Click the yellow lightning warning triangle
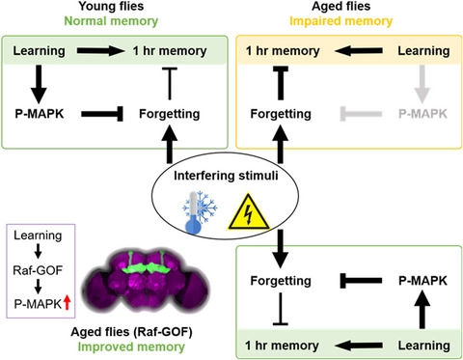coord(248,213)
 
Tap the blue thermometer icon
coord(193,213)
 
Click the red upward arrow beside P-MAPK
coord(67,303)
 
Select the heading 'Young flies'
coord(111,6)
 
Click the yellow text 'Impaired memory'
coord(341,21)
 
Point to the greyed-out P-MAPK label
coord(422,114)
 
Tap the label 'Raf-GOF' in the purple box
coord(38,270)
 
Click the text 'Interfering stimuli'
coord(226,176)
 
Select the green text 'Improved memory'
coord(131,346)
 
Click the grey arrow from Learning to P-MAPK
coord(422,84)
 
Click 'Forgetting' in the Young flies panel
coord(170,114)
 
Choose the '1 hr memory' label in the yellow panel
coord(283,51)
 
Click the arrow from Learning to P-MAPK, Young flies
coord(39,84)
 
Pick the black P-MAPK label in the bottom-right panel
coord(422,281)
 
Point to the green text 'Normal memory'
coord(111,21)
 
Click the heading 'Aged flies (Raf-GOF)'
coord(131,332)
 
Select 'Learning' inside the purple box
coord(38,235)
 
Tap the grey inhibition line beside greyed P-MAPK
coord(361,114)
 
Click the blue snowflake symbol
coord(205,208)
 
